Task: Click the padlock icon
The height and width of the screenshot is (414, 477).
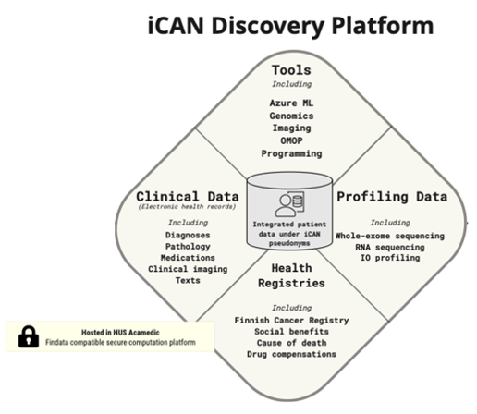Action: point(29,336)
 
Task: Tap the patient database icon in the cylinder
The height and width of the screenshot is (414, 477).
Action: point(289,203)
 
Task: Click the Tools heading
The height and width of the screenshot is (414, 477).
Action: point(291,70)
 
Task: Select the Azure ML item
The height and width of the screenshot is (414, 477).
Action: point(291,103)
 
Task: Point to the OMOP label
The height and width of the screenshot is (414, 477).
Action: point(291,140)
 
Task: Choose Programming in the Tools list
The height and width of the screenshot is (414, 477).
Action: point(291,153)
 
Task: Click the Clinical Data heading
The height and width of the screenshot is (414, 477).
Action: point(188,197)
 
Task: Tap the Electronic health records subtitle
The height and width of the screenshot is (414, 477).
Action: point(188,206)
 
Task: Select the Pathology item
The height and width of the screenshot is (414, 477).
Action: point(188,247)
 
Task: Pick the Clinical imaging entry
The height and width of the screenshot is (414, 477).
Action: point(188,269)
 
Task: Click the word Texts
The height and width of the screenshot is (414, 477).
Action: point(188,280)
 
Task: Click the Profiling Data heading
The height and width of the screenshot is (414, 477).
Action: point(392,197)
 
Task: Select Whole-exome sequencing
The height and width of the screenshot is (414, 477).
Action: point(390,236)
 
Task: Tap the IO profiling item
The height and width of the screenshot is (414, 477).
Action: point(390,258)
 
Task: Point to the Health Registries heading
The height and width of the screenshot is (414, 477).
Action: point(291,275)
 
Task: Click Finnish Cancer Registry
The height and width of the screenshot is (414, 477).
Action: point(291,321)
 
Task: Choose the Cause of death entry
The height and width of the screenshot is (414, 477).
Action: point(291,343)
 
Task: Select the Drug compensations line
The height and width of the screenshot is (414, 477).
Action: point(291,354)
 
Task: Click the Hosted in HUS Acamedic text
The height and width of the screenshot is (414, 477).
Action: point(120,333)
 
